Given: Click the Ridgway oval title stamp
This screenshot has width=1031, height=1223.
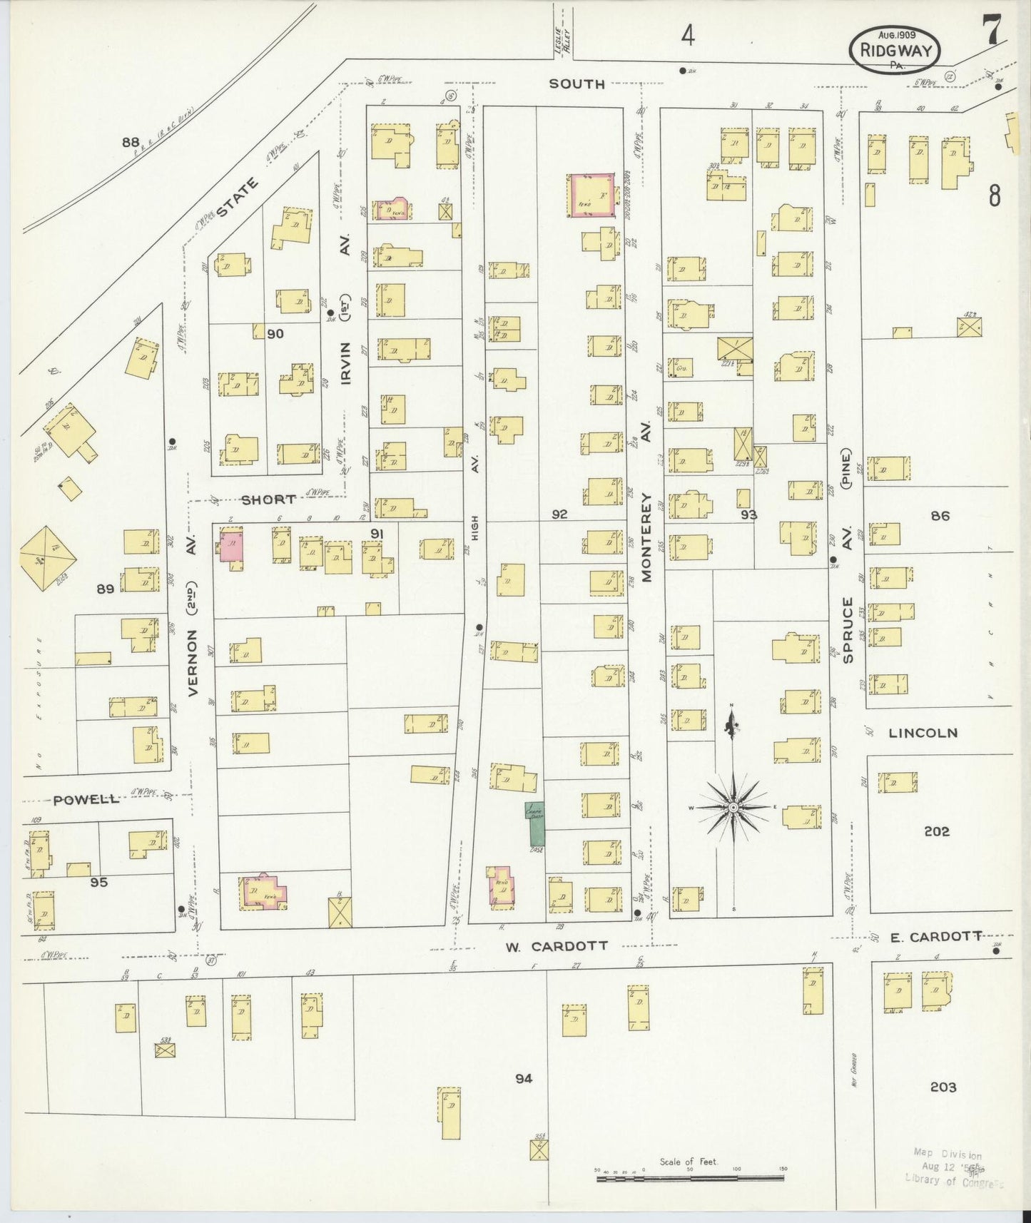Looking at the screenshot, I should tap(895, 49).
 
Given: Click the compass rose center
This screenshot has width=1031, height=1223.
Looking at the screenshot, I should tap(733, 806).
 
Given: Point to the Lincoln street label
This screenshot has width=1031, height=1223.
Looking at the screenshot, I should tap(923, 733).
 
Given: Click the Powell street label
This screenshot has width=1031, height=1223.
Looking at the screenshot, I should tap(86, 799).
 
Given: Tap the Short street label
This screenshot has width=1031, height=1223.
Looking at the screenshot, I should tap(268, 499).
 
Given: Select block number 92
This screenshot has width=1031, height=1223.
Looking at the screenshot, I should tap(559, 513).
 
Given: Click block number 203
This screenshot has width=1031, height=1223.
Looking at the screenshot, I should tap(943, 1087).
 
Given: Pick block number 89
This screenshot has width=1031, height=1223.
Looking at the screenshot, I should tap(106, 589).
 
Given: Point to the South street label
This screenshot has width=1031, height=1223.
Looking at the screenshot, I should tap(577, 84).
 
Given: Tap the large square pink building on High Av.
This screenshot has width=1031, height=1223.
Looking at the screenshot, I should tap(591, 194).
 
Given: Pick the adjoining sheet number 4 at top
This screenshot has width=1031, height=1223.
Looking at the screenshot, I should tap(686, 35).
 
